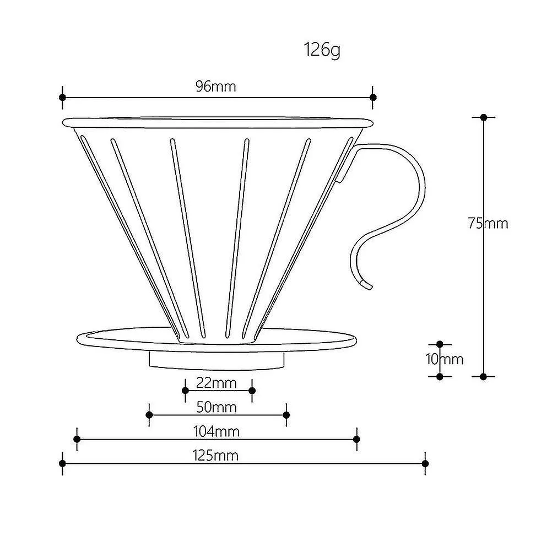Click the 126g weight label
point(322,50)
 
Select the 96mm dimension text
point(216,86)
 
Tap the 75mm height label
point(488,223)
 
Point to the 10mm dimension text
point(444,359)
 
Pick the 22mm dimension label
point(216,383)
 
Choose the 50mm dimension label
point(216,407)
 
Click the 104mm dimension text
point(217,431)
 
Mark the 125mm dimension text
point(215,456)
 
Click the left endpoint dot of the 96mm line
point(62,97)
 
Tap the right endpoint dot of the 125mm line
point(425,463)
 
